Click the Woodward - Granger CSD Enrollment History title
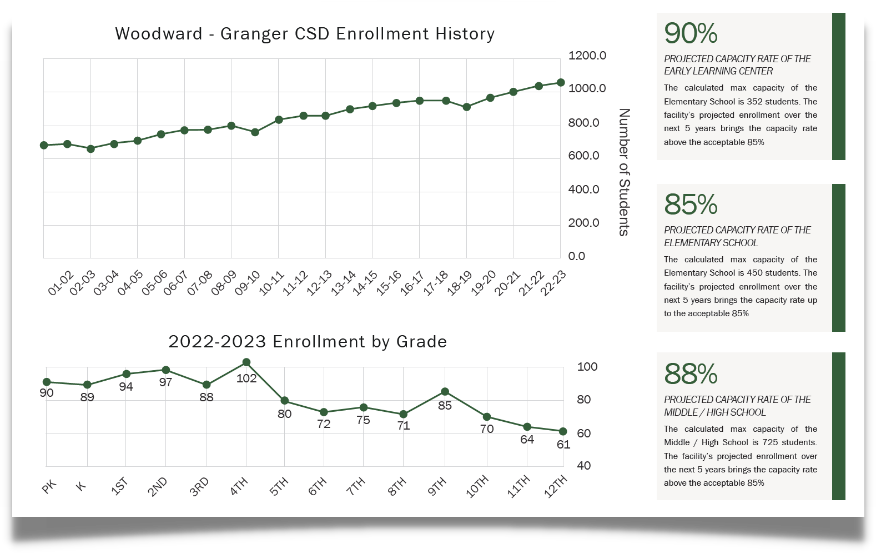[x=304, y=34]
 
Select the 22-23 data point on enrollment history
[x=561, y=82]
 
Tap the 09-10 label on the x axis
[x=248, y=283]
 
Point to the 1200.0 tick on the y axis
[x=587, y=56]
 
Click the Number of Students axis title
[x=624, y=172]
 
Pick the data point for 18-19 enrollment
[x=467, y=107]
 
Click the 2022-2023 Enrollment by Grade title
[x=308, y=341]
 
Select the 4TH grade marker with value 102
[x=246, y=362]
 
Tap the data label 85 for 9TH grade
[x=445, y=406]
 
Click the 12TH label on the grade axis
[x=556, y=486]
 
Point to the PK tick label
[x=49, y=487]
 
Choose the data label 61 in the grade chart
[x=563, y=445]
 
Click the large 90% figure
[x=691, y=33]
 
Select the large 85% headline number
[x=691, y=205]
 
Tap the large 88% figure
[x=691, y=374]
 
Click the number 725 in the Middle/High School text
[x=770, y=442]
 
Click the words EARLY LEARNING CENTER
[x=718, y=71]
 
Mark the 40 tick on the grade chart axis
[x=583, y=466]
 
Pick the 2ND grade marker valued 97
[x=165, y=370]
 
